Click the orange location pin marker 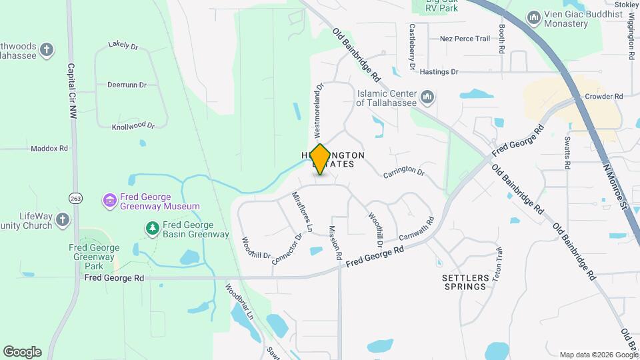320,159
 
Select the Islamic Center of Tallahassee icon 428,98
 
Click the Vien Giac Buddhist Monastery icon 533,17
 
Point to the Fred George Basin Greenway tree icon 153,229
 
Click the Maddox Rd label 49,148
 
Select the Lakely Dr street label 123,46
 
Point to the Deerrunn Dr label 126,85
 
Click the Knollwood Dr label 133,125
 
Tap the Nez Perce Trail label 465,39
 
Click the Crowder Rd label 603,96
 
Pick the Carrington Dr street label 403,172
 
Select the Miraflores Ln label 302,211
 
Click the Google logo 22,352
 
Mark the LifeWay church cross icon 62,219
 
